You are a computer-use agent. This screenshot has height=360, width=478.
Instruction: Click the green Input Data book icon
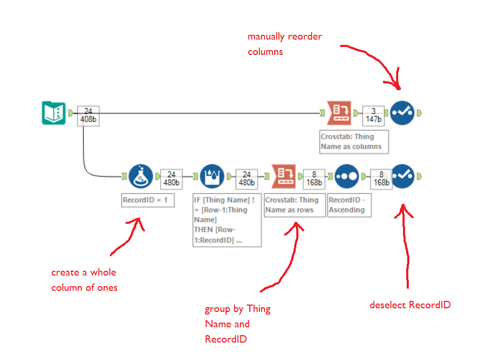coord(53,113)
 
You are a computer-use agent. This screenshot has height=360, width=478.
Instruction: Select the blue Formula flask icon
coord(140,176)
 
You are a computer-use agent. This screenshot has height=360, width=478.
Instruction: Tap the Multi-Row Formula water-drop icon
coord(212,176)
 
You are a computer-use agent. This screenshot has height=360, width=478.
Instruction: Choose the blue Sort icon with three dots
coord(346,176)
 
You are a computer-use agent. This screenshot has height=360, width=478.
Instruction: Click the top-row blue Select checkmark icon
coord(402,113)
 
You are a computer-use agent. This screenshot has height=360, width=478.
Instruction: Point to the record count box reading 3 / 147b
coord(373,116)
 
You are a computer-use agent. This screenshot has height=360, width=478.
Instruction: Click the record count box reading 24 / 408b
coord(88,116)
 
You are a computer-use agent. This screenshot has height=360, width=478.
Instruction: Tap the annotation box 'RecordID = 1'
coord(148,201)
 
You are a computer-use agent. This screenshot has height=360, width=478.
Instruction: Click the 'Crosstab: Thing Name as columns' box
coord(354,141)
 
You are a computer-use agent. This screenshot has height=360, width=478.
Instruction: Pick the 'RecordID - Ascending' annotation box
coord(349,205)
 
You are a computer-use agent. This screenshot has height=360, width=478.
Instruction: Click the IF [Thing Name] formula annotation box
coord(227,220)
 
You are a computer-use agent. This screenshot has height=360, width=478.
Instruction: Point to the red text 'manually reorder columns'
coord(285,44)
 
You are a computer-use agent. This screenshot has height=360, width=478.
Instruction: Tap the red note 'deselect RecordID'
coord(410,305)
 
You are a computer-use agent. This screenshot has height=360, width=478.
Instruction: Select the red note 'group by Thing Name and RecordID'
coord(237,324)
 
